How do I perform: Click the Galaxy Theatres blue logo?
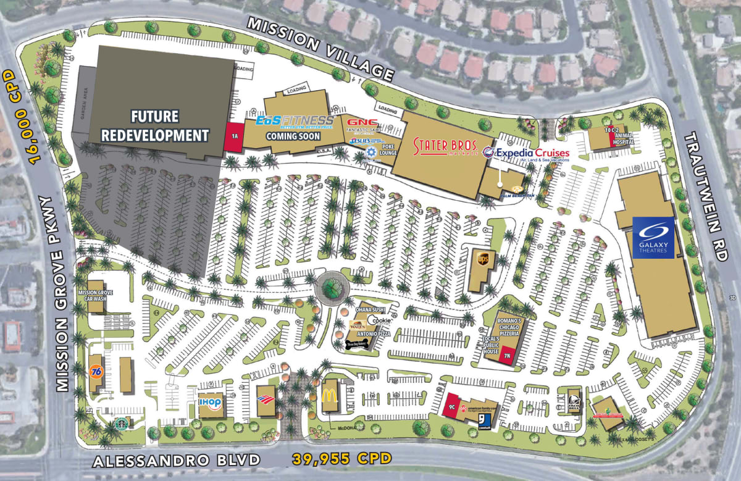coord(653,238)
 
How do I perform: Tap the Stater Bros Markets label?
coord(446,148)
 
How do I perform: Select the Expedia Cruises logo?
coord(526,153)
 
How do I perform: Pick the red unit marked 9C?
coord(452,407)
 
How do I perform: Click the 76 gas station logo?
coord(96,371)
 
